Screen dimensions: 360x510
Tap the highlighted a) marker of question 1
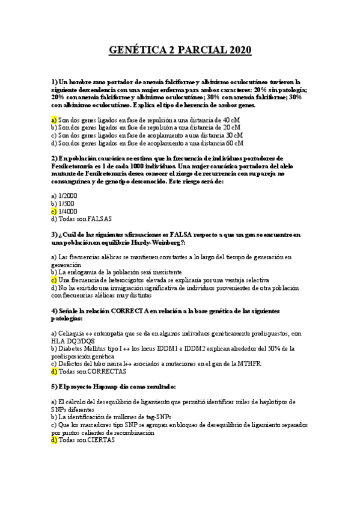click(54, 120)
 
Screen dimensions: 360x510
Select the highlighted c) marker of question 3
click(54, 280)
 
